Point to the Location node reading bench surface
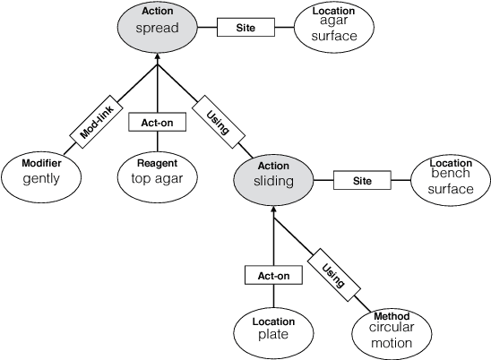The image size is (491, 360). [450, 180]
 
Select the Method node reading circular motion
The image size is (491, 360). [391, 330]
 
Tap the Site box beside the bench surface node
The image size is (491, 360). [362, 180]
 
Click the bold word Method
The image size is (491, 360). [391, 316]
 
